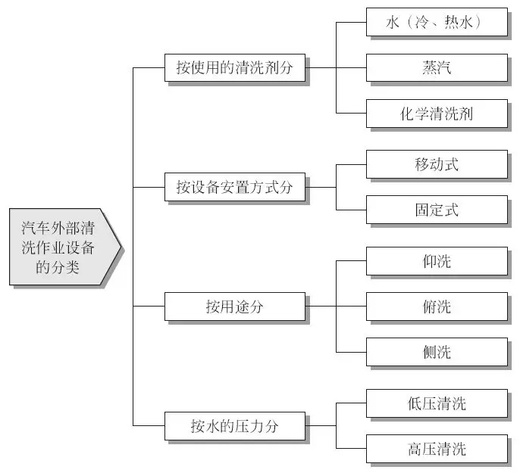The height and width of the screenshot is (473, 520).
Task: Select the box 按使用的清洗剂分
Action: tap(235, 68)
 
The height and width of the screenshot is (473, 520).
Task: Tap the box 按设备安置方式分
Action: tap(235, 187)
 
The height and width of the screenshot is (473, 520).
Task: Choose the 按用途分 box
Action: tap(235, 307)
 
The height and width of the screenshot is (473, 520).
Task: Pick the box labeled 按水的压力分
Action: tap(235, 426)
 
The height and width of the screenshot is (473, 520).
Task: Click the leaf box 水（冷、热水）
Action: tap(437, 23)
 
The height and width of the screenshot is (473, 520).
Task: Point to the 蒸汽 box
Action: tap(437, 68)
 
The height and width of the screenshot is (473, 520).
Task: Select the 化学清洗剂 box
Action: tap(437, 114)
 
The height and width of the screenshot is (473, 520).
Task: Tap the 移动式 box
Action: tap(437, 164)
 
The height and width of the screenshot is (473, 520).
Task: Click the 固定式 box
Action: tap(437, 210)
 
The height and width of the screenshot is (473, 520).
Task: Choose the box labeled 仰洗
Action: tap(437, 261)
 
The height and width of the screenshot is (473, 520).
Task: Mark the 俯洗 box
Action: tap(437, 307)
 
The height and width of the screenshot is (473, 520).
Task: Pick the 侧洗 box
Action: tap(437, 352)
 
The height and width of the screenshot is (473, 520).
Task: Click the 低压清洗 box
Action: tap(437, 403)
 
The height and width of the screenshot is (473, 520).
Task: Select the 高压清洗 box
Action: tap(437, 449)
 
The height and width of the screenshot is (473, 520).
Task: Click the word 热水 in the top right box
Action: tap(455, 23)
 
